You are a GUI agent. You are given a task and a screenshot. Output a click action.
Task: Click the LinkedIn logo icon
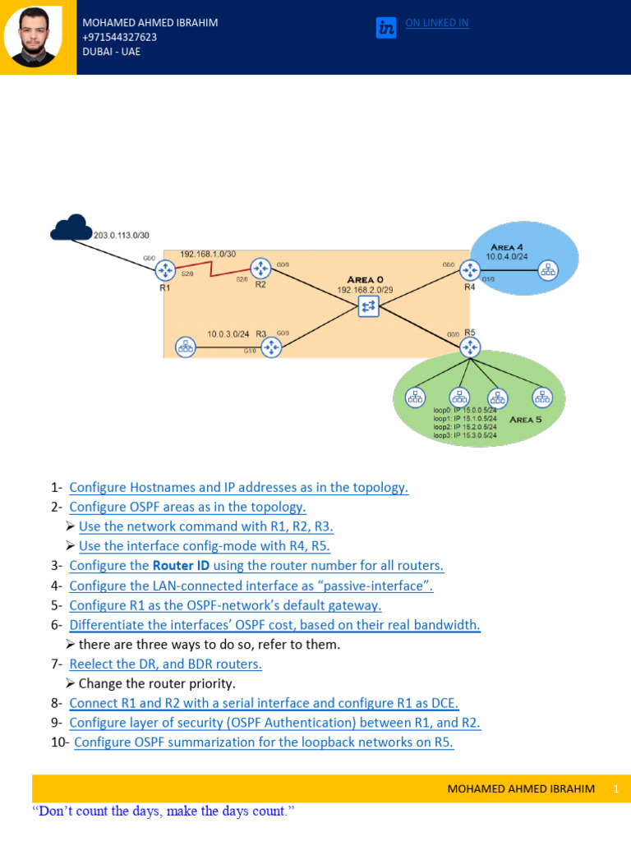[386, 27]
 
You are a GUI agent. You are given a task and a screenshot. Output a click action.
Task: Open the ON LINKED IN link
[437, 23]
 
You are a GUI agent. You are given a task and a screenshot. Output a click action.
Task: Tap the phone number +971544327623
[120, 37]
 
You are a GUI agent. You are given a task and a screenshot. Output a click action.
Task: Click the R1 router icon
[165, 270]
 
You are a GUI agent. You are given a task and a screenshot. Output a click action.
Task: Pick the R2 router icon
[260, 268]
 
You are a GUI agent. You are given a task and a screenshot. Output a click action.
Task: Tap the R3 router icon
[271, 347]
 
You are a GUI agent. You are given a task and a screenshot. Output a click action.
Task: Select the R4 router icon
[469, 269]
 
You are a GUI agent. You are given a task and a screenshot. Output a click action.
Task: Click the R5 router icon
[470, 347]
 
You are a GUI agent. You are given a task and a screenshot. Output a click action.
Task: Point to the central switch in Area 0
[368, 306]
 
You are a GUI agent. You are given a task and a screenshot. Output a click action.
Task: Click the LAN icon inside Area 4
[547, 269]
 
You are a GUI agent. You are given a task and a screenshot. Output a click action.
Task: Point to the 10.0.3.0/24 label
[228, 334]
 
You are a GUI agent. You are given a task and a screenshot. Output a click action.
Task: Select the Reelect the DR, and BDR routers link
[165, 664]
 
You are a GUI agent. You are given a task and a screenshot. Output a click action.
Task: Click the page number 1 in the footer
[615, 788]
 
